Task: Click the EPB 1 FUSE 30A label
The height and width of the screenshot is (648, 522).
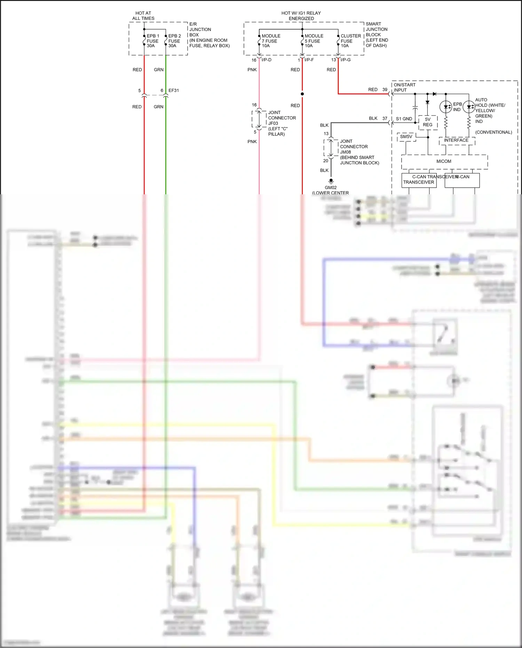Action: coord(153,41)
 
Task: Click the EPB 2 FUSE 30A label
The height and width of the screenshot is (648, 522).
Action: coord(174,41)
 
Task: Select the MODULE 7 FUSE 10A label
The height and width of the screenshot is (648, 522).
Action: coord(271,41)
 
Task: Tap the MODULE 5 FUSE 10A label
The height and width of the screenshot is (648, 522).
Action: coord(314,41)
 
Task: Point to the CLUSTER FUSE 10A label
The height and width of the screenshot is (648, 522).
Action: coord(350,41)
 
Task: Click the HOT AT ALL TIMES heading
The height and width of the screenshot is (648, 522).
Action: coord(143,16)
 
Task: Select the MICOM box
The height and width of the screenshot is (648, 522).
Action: coord(444,162)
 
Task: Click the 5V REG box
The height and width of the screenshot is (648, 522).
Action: coord(428,122)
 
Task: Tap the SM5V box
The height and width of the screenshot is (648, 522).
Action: coord(406,136)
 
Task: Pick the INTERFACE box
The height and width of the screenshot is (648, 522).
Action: coord(456,140)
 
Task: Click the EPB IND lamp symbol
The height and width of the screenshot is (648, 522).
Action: coord(446,107)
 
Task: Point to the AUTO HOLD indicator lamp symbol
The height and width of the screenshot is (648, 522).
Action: coord(469,107)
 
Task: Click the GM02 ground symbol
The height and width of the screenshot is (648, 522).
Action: coord(331,181)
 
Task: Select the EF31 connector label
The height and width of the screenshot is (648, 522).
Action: coord(174,91)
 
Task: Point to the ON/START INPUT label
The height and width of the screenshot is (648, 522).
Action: coord(404,87)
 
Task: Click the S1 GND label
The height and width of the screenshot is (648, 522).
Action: coord(404,119)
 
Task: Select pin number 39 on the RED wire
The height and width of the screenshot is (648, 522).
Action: coord(385,89)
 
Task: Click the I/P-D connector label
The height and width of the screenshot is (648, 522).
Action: coord(267,60)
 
